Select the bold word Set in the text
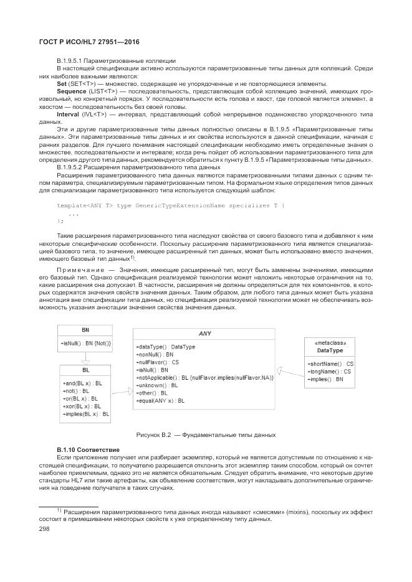coord(62,83)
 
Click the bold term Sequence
coord(72,91)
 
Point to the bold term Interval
coord(69,115)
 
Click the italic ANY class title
coord(204,334)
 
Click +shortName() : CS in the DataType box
coord(330,364)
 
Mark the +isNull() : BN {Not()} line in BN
coord(86,343)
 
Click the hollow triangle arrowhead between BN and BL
coord(85,360)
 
